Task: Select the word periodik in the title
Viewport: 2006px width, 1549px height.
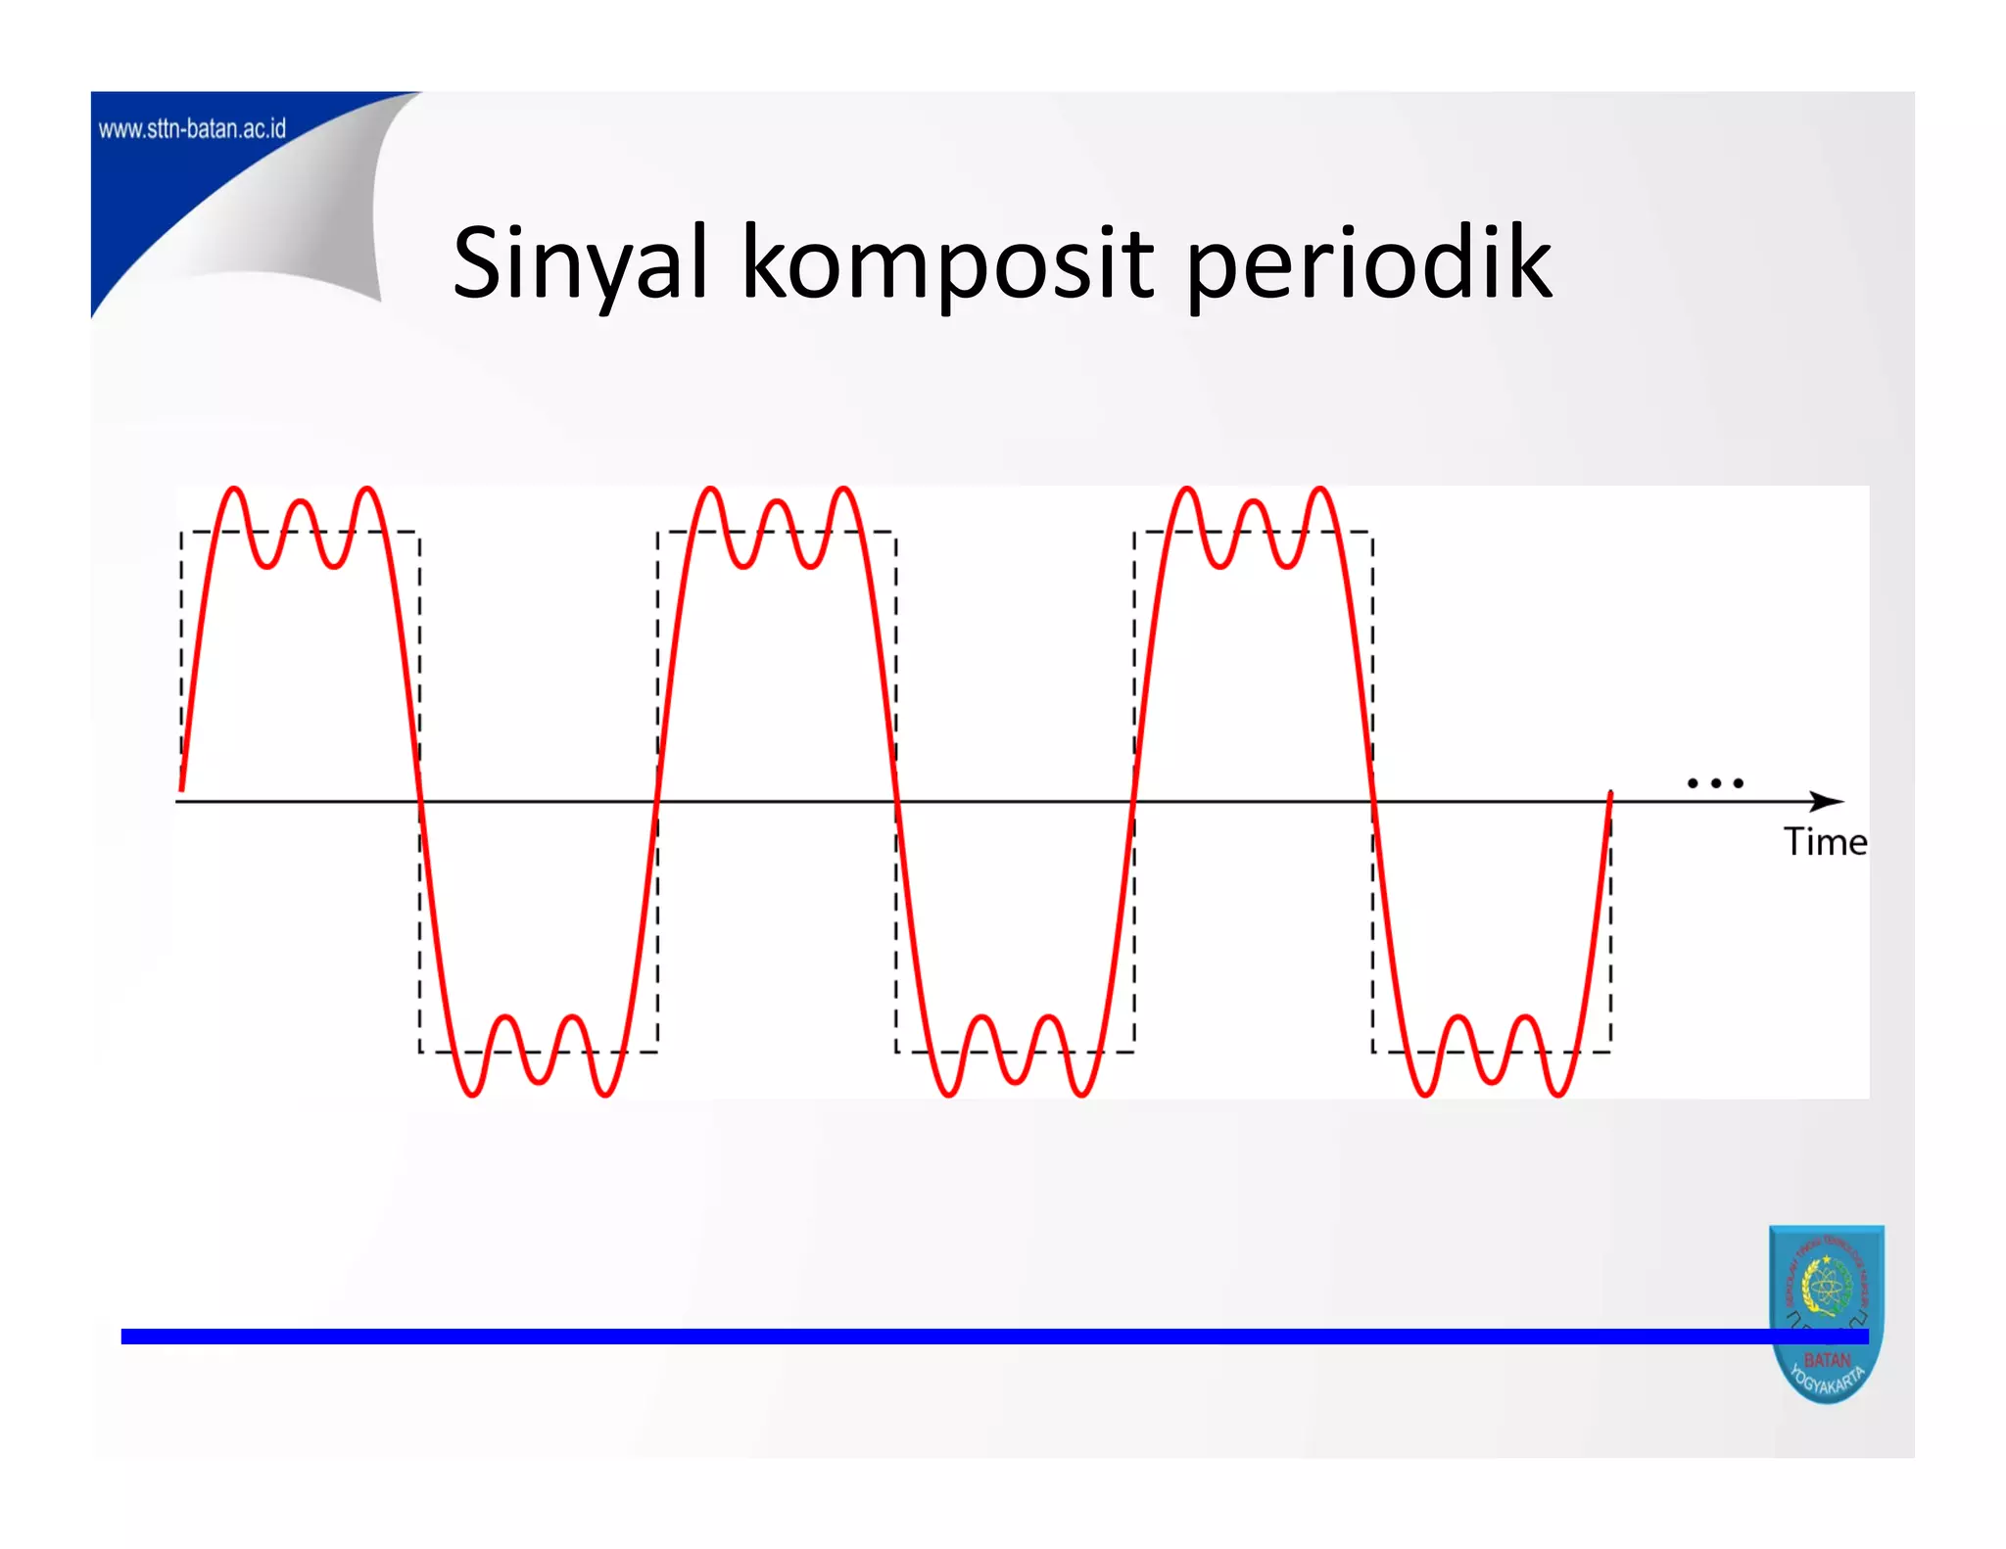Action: point(1369,262)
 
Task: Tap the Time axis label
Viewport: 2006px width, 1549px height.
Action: point(1825,842)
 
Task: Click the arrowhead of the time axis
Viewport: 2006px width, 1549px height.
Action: point(1828,801)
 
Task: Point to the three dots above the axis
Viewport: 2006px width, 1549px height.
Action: point(1715,782)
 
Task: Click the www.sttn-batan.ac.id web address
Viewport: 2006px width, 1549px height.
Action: point(192,128)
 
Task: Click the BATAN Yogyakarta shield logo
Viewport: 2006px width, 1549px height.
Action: point(1827,1312)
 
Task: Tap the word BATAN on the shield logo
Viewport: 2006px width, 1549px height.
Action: point(1827,1360)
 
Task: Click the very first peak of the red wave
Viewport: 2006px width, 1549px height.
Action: point(234,489)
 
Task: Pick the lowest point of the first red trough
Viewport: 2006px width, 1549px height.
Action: point(471,1094)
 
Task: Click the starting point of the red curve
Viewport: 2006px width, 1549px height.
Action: point(182,788)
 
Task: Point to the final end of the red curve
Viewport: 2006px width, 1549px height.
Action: point(1610,793)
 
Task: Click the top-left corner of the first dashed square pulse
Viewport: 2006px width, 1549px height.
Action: point(182,533)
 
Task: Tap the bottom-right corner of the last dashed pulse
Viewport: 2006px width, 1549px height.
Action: point(1610,1052)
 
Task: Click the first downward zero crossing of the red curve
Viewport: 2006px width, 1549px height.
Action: point(419,801)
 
